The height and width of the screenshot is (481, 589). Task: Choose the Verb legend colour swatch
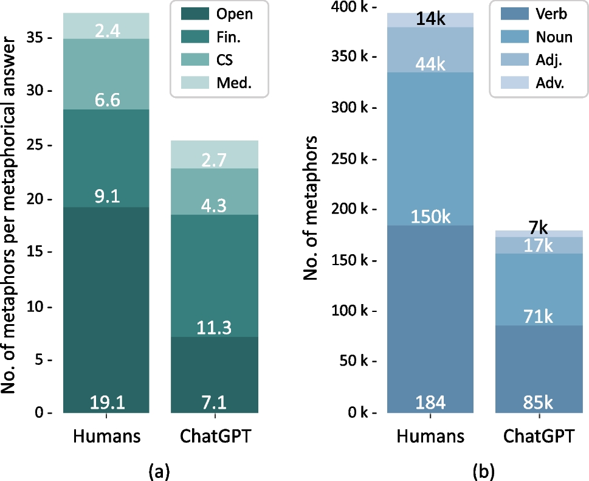513,14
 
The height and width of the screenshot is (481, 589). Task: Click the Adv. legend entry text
549,85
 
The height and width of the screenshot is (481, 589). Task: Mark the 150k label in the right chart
430,217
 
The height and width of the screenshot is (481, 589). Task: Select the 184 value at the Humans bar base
430,403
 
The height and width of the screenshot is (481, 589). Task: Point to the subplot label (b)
483,469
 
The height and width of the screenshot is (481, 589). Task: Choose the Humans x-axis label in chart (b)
430,437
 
